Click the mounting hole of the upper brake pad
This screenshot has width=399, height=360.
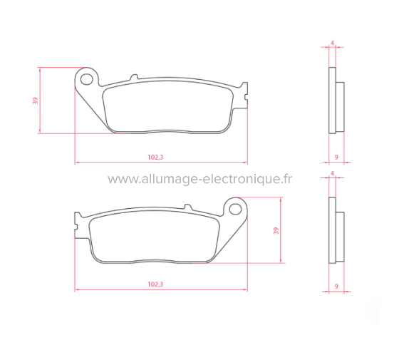(x=88, y=76)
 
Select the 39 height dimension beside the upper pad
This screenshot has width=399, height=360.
(x=35, y=101)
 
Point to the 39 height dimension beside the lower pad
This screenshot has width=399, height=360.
(x=276, y=230)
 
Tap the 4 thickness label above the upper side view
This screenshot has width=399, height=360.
(x=333, y=43)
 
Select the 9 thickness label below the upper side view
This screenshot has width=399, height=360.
(x=335, y=156)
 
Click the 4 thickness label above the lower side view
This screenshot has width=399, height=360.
(x=333, y=173)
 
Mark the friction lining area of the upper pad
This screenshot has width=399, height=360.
(x=167, y=107)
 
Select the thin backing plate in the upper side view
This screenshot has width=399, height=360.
(x=331, y=101)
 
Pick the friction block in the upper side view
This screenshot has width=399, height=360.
(x=340, y=106)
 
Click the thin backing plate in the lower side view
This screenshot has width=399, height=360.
(x=331, y=230)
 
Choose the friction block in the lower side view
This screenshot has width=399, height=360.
(x=340, y=236)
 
